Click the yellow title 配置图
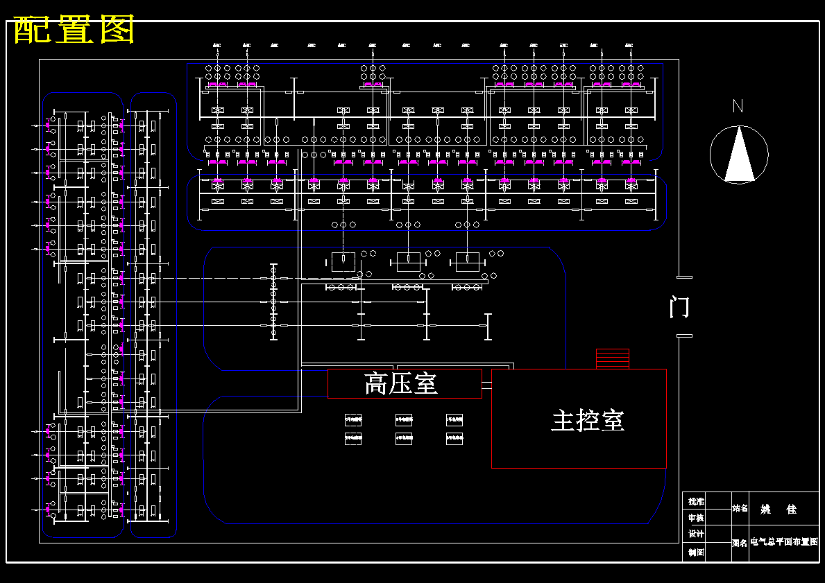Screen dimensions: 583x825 (74, 30)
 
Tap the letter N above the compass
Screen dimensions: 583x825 (738, 106)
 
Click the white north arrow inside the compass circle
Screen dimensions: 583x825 (739, 157)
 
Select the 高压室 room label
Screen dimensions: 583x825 (402, 383)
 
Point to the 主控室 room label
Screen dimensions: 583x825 (588, 420)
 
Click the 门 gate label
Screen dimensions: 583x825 (679, 306)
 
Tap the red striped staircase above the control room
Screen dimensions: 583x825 (612, 358)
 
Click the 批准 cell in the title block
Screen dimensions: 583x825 (696, 501)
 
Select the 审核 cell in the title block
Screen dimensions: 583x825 (696, 518)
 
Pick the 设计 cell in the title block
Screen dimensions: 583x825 (696, 534)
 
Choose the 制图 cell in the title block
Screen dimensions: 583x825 (696, 552)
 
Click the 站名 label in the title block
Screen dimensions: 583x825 (740, 509)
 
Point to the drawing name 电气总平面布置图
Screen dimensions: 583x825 (784, 542)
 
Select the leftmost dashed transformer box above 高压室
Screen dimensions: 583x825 (343, 262)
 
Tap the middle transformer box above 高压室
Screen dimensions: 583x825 (408, 262)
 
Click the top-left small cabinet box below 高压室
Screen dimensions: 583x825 (353, 419)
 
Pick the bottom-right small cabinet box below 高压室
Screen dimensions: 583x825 (454, 438)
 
